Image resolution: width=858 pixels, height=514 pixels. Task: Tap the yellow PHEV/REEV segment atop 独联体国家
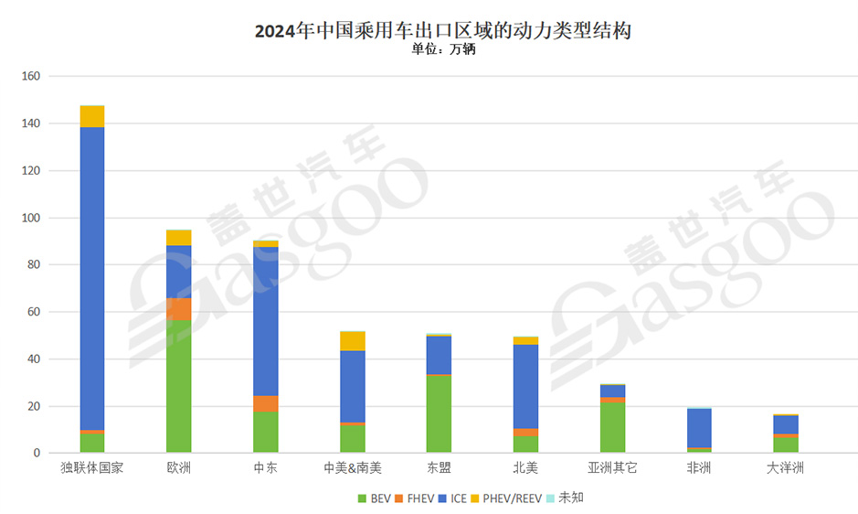tap(92, 116)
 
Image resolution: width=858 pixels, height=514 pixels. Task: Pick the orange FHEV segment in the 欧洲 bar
tap(179, 309)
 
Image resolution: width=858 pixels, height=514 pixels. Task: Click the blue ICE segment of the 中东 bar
tap(266, 321)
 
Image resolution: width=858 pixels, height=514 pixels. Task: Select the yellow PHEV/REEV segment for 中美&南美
tap(353, 341)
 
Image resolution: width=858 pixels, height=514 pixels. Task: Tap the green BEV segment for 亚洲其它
tap(612, 426)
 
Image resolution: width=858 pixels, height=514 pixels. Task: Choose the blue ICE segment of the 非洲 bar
tap(699, 427)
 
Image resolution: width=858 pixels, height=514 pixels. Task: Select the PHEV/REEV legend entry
tap(507, 498)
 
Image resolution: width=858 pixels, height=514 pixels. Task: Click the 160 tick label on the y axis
tap(30, 76)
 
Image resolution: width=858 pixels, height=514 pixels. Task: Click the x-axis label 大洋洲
tap(785, 468)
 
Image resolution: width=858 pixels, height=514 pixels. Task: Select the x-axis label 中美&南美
tap(353, 468)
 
